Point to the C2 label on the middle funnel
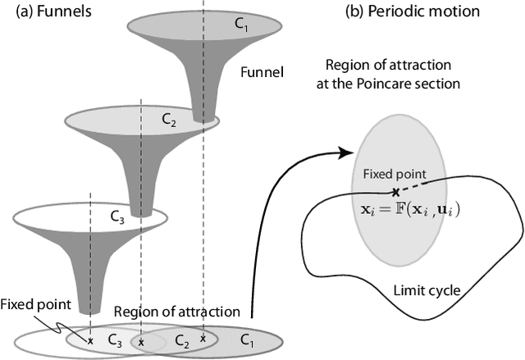167,120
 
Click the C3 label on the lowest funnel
116,216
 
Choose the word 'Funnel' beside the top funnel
260,71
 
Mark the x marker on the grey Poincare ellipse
395,191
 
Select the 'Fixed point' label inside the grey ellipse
395,174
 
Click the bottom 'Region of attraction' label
176,311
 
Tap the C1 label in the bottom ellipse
247,337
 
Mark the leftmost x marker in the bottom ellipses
91,339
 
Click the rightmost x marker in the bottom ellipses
203,337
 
